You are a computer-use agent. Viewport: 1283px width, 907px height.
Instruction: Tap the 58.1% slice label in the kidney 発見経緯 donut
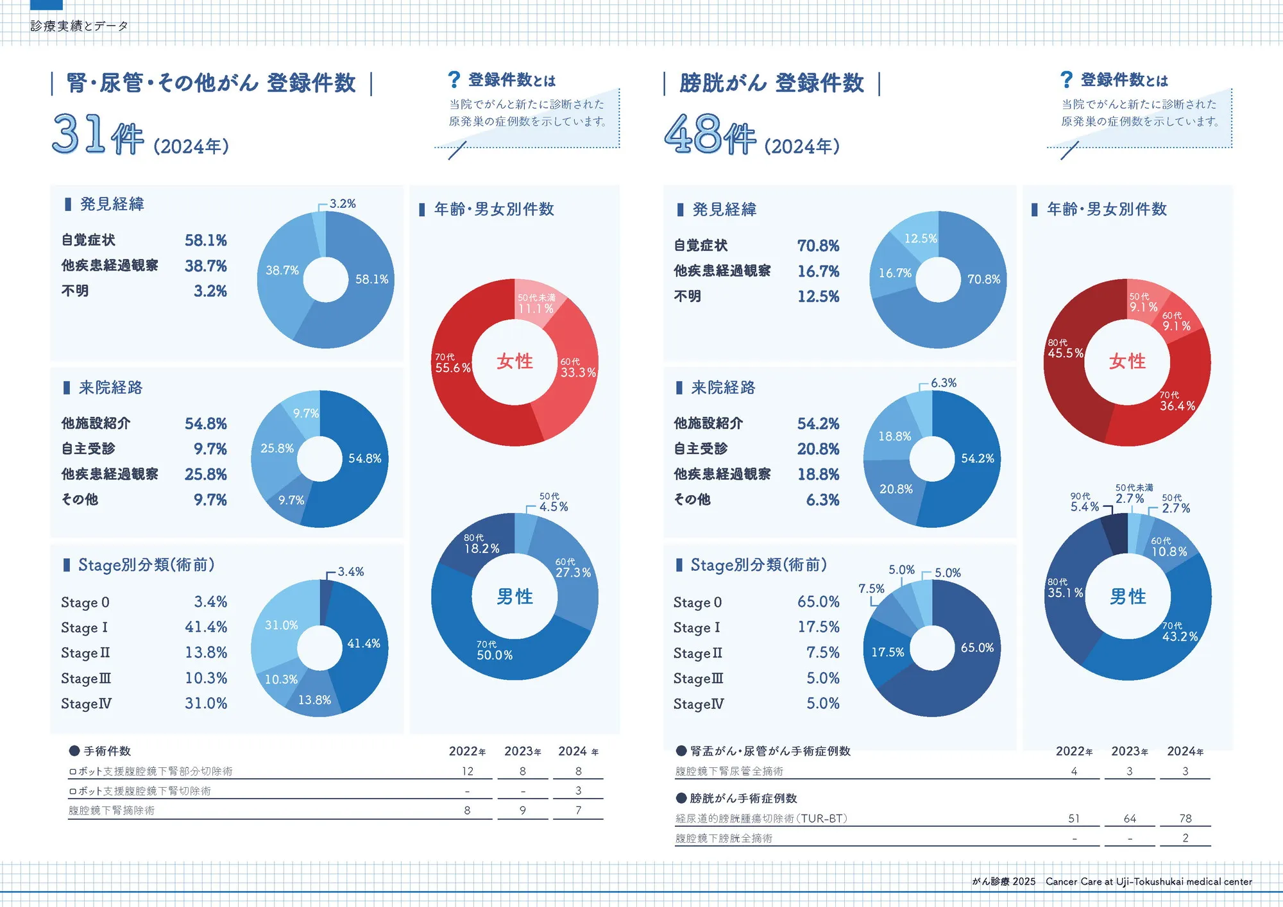(371, 279)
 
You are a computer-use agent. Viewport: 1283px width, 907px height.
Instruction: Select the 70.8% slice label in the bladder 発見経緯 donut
(983, 279)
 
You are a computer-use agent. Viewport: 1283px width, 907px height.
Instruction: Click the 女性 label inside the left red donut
(514, 361)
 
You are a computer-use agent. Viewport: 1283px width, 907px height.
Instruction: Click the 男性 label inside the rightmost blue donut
(1128, 597)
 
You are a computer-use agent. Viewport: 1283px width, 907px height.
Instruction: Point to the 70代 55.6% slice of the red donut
(452, 364)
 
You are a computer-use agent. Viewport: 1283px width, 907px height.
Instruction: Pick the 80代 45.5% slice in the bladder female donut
(1065, 350)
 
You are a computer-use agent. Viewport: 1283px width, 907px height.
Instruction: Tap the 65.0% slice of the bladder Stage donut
(976, 648)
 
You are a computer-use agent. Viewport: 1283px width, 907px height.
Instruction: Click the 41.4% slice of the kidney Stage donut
(363, 643)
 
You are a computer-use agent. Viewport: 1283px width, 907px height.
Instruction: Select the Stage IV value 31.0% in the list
(206, 703)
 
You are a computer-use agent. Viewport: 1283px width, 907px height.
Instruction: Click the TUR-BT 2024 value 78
(1185, 818)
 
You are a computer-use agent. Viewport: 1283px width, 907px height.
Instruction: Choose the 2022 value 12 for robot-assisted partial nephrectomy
(467, 771)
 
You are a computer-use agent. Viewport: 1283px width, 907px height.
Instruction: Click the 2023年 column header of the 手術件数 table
(522, 751)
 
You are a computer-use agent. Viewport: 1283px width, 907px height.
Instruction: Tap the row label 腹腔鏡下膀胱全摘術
(724, 838)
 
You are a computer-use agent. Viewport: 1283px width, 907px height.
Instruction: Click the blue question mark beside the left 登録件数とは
(454, 80)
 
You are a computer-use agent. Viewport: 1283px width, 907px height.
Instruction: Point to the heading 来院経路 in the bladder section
(723, 387)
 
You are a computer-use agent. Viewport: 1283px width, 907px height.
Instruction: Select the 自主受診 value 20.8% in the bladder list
(818, 449)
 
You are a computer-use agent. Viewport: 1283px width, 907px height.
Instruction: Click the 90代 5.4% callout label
(1084, 503)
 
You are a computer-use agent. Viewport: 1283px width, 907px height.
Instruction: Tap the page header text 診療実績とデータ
(80, 26)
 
